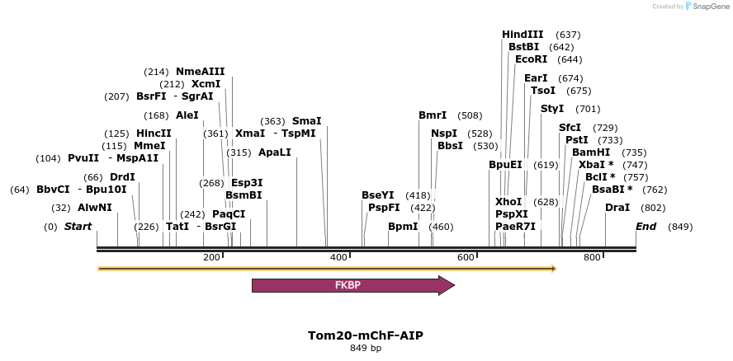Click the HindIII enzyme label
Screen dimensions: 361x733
pos(523,35)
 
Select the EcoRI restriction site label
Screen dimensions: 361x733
pos(531,59)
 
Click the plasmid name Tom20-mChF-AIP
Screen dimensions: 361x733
pos(366,335)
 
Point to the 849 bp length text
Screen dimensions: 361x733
pos(366,348)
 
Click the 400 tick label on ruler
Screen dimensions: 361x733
pos(339,258)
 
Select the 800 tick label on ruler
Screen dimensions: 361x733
pos(593,258)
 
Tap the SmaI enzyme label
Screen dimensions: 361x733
pos(306,121)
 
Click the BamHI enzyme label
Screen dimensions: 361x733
pos(591,152)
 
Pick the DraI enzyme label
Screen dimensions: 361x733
pos(617,208)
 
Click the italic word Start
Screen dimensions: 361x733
pos(78,227)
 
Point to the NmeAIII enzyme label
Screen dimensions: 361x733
pos(200,72)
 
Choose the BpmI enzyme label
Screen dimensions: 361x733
pos(403,227)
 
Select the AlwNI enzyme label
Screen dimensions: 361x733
pos(94,208)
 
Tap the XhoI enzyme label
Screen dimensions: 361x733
pos(508,202)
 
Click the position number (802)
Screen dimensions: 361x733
pos(652,208)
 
